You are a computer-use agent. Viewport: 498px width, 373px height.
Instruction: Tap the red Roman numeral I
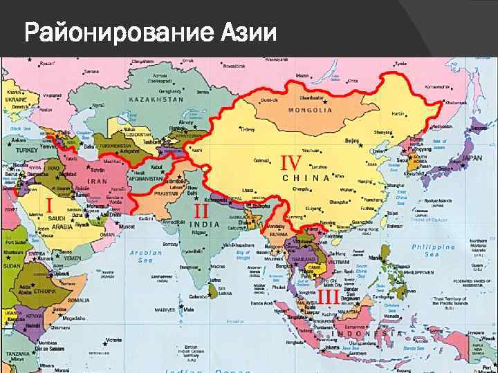(48, 205)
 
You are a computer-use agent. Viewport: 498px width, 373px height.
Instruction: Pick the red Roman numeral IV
(290, 163)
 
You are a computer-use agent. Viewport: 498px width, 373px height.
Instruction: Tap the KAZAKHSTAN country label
(156, 99)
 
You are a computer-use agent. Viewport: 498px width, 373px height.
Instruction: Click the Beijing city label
(352, 140)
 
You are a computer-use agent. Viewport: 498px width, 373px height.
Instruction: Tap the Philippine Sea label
(434, 250)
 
